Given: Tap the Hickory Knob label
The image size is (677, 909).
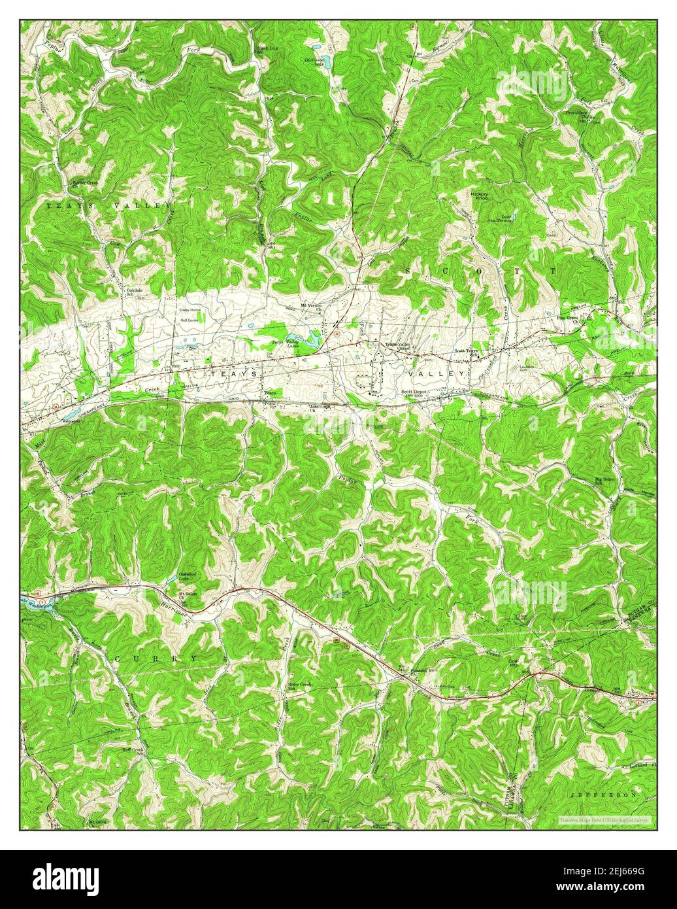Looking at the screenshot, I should pos(480,196).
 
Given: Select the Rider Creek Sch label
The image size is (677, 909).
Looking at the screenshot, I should pos(300,686).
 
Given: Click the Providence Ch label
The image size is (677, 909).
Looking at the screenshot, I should pos(576,114).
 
